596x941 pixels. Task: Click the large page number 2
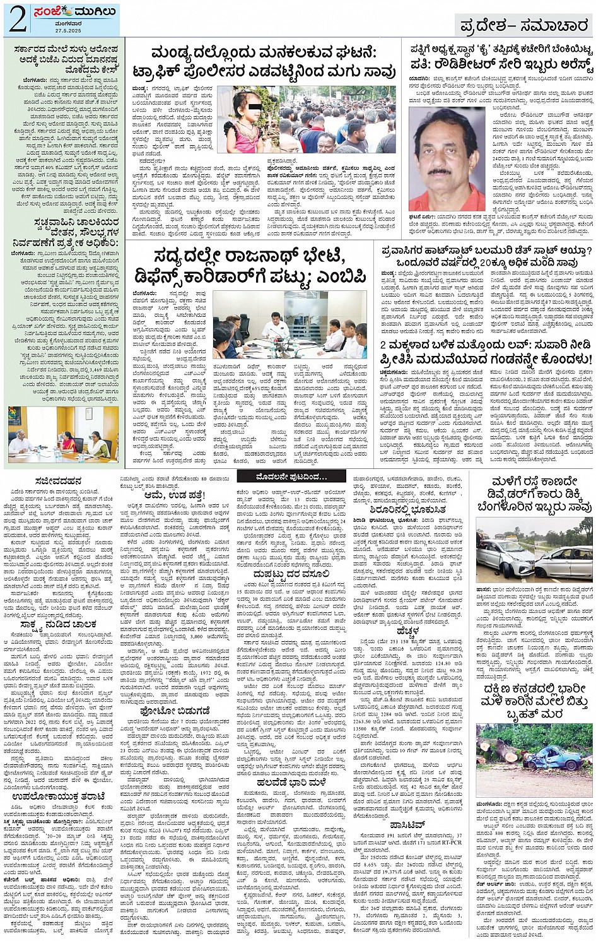tap(17, 20)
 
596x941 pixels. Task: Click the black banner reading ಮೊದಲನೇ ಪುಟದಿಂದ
tap(291, 476)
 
